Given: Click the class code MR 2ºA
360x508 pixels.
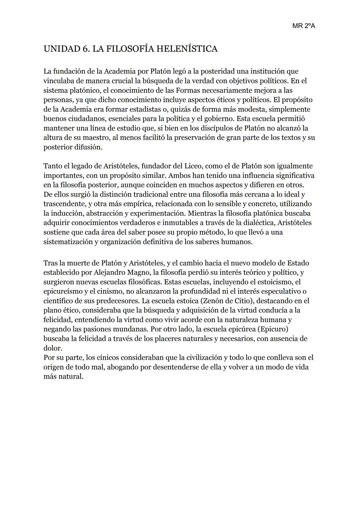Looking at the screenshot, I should tap(303, 26).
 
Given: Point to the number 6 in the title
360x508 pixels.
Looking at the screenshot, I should tap(85, 49).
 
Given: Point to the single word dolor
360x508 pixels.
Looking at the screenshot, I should tap(52, 348).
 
